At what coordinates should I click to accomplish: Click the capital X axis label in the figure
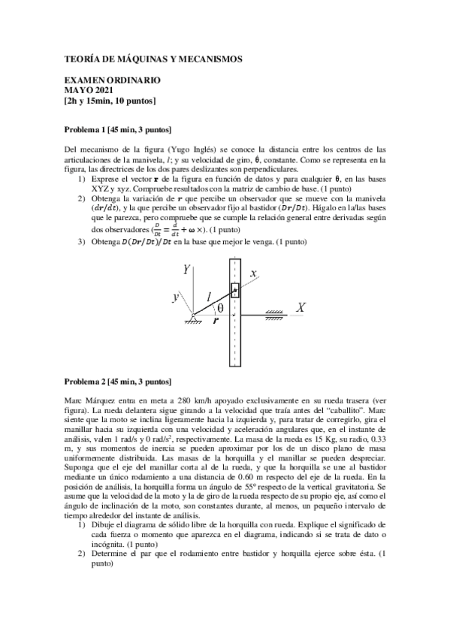[x=301, y=308]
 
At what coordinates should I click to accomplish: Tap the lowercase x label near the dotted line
[x=253, y=272]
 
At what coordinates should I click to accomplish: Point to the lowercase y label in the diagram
[x=175, y=297]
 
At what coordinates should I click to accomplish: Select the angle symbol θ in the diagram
[x=219, y=308]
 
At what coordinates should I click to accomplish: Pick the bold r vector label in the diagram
[x=216, y=320]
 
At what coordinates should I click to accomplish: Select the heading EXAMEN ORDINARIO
[x=112, y=80]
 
